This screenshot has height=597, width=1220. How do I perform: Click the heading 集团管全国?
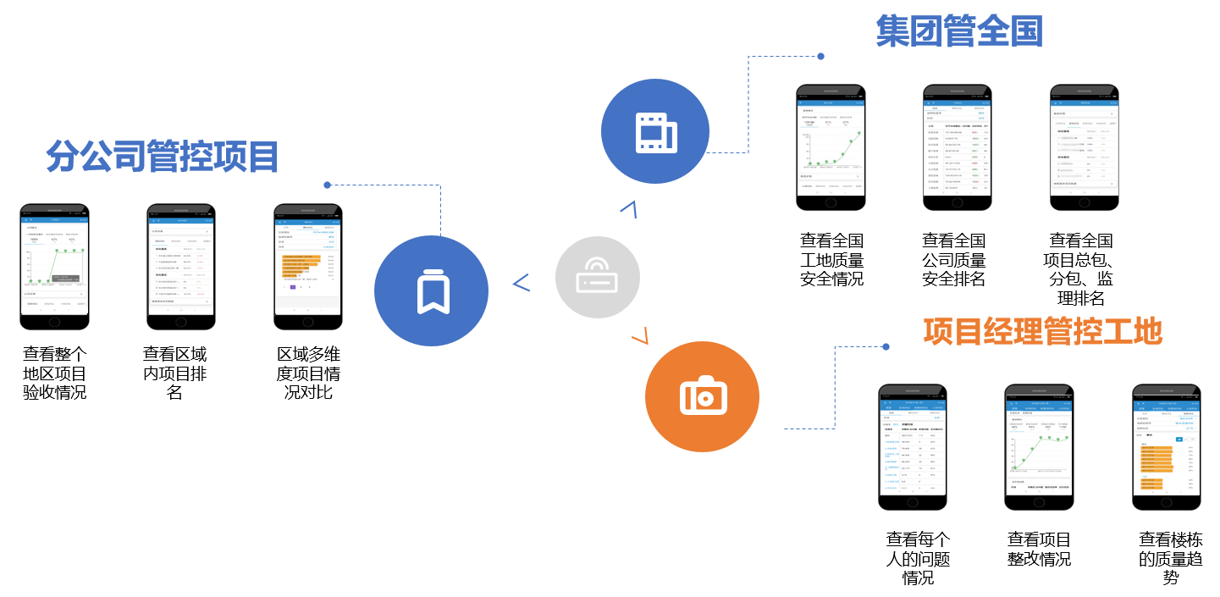pyautogui.click(x=959, y=31)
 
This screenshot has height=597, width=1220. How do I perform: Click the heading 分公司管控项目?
pyautogui.click(x=163, y=156)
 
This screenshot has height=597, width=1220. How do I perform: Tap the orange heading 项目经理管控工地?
pyautogui.click(x=1042, y=331)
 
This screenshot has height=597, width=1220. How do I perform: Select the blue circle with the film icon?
pyautogui.click(x=655, y=131)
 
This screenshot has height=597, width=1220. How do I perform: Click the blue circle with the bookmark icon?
pyautogui.click(x=432, y=291)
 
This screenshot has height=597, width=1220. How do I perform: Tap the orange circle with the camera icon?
pyautogui.click(x=702, y=396)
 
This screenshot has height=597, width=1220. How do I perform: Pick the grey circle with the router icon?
pyautogui.click(x=597, y=278)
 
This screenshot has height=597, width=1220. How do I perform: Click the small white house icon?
pyautogui.click(x=958, y=241)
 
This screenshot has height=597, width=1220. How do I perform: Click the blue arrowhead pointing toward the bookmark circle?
pyautogui.click(x=522, y=283)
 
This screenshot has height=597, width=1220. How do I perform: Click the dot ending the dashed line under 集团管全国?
pyautogui.click(x=820, y=57)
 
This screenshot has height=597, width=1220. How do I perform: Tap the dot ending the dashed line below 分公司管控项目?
pyautogui.click(x=327, y=185)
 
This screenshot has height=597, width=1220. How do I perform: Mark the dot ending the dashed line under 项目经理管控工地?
pyautogui.click(x=886, y=346)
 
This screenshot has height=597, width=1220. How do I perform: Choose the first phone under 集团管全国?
pyautogui.click(x=831, y=148)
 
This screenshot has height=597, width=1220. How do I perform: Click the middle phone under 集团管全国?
pyautogui.click(x=958, y=148)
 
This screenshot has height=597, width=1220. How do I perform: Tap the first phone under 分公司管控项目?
pyautogui.click(x=54, y=267)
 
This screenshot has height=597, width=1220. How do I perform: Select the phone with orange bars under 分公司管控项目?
pyautogui.click(x=308, y=267)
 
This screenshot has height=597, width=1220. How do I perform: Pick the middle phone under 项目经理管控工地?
pyautogui.click(x=1039, y=447)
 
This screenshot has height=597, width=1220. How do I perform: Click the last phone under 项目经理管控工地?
pyautogui.click(x=1166, y=447)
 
